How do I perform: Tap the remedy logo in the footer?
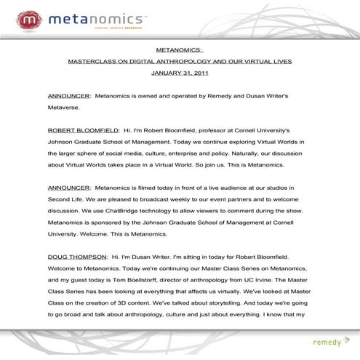coord(327,341)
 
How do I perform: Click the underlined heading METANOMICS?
coord(180,50)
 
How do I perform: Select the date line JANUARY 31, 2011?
coord(180,73)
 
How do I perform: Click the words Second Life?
coord(65,200)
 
